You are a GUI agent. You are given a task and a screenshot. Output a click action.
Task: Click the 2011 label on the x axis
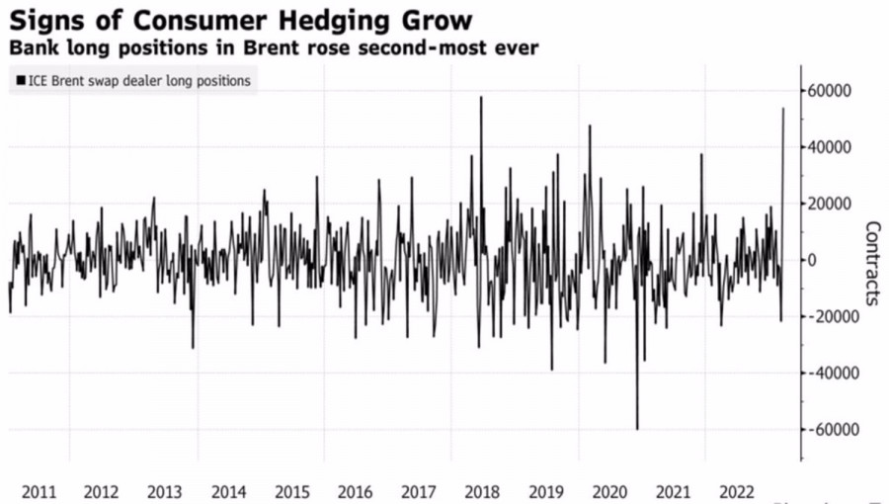pos(38,491)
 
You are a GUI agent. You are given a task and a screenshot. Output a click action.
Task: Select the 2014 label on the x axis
pos(228,491)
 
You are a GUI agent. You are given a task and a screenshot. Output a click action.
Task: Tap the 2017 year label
pos(419,491)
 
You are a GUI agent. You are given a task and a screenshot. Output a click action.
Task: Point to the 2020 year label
pos(609,491)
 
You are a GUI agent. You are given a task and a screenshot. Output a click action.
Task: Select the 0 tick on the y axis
pos(814,260)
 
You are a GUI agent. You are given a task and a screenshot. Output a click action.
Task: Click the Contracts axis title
pos(872,262)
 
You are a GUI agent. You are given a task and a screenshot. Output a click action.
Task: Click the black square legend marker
pos(20,80)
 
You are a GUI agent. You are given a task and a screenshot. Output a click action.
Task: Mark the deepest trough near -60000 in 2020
pos(637,429)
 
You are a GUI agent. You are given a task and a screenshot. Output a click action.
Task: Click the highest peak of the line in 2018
pos(481,97)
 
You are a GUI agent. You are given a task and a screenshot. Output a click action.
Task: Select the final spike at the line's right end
pos(783,109)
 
